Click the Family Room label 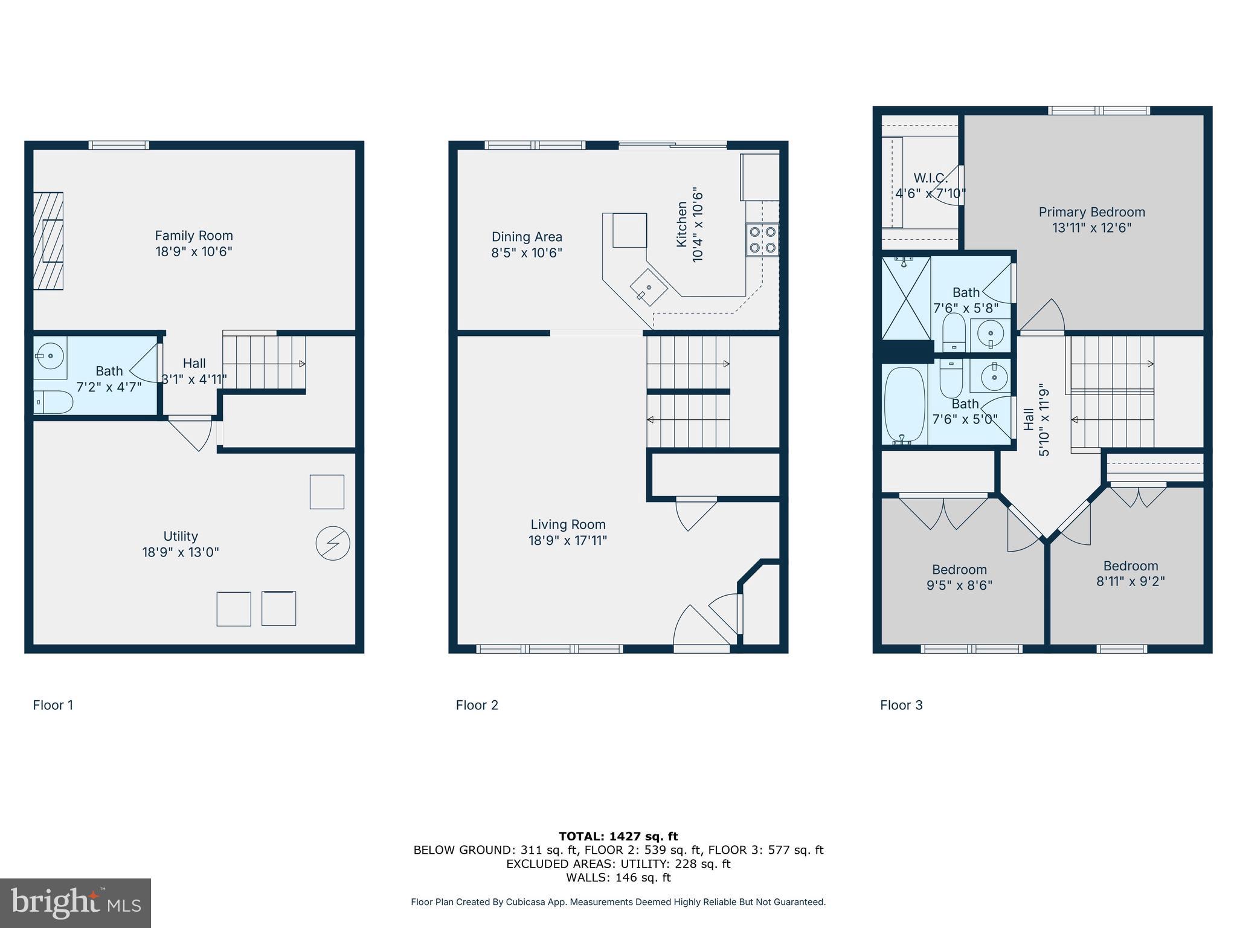[x=193, y=236]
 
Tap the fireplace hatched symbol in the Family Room [x=48, y=241]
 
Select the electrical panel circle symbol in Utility [x=333, y=543]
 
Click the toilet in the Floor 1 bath [x=53, y=402]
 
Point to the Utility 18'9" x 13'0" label [x=181, y=544]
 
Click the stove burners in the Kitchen [x=762, y=239]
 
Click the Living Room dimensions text [x=568, y=540]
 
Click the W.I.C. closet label [x=930, y=178]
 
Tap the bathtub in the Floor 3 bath [x=904, y=405]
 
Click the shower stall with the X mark [x=906, y=297]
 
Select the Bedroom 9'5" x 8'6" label [x=959, y=577]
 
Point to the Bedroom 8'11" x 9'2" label [x=1130, y=573]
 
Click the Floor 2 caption [x=477, y=705]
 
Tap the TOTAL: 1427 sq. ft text [x=618, y=836]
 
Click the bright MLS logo [x=76, y=903]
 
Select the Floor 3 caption [x=901, y=705]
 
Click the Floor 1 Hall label [x=194, y=363]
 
